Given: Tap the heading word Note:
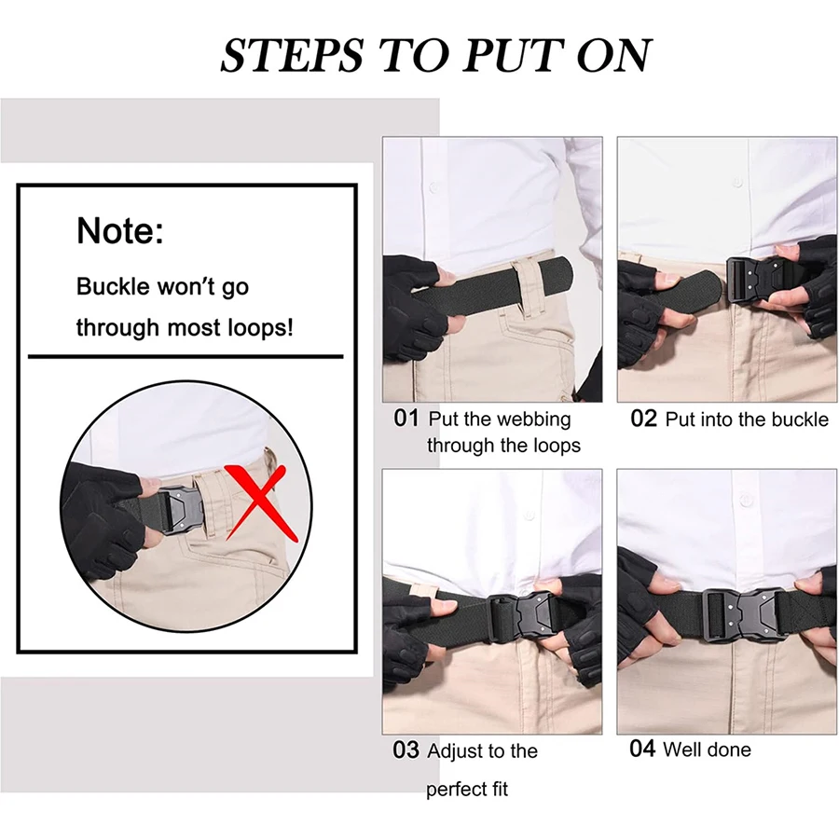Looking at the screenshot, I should tap(120, 230).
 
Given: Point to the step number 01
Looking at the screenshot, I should tap(406, 419).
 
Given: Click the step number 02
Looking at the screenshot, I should tap(644, 419).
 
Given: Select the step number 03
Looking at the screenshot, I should tap(406, 750).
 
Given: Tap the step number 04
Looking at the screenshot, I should tap(642, 749).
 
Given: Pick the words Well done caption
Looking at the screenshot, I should tap(707, 750).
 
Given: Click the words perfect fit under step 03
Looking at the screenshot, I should tap(467, 790).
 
